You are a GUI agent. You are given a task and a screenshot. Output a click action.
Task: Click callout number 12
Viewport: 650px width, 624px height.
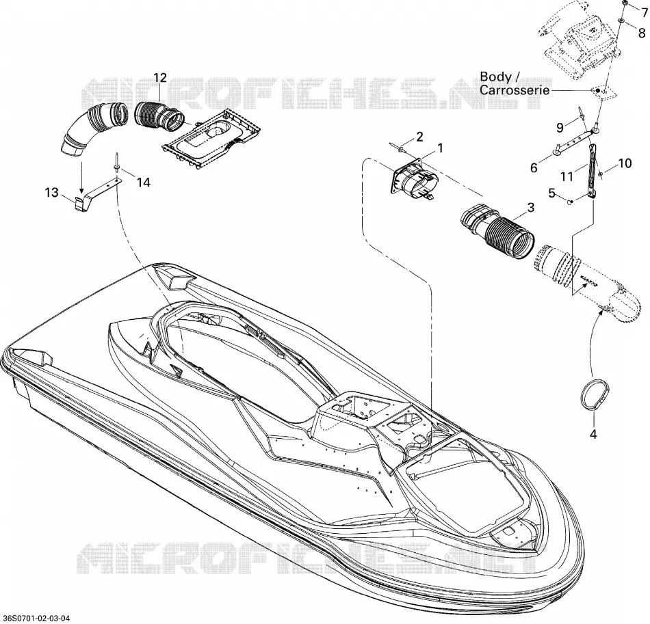coord(160,77)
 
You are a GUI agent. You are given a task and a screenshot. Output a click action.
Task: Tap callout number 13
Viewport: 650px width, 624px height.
coord(52,193)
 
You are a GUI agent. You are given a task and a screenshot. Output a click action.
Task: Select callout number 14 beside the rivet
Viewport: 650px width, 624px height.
coord(144,182)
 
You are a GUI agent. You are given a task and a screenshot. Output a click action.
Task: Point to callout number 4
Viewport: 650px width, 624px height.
coord(593,434)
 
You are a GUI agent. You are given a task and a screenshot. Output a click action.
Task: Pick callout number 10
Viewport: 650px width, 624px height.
coord(625,163)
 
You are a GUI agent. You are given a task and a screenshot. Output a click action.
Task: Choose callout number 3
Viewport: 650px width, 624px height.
coord(531,208)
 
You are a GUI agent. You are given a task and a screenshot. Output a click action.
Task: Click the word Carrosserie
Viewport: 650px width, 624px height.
coord(515,90)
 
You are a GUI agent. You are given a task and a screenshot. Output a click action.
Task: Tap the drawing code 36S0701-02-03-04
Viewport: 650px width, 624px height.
coord(35,619)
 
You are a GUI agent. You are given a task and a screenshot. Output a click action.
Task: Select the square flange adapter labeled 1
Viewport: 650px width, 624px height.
coord(415,180)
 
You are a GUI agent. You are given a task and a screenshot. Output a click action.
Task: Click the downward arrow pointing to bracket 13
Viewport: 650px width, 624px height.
coord(82,177)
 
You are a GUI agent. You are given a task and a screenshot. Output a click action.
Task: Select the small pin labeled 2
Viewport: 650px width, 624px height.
coord(399,147)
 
